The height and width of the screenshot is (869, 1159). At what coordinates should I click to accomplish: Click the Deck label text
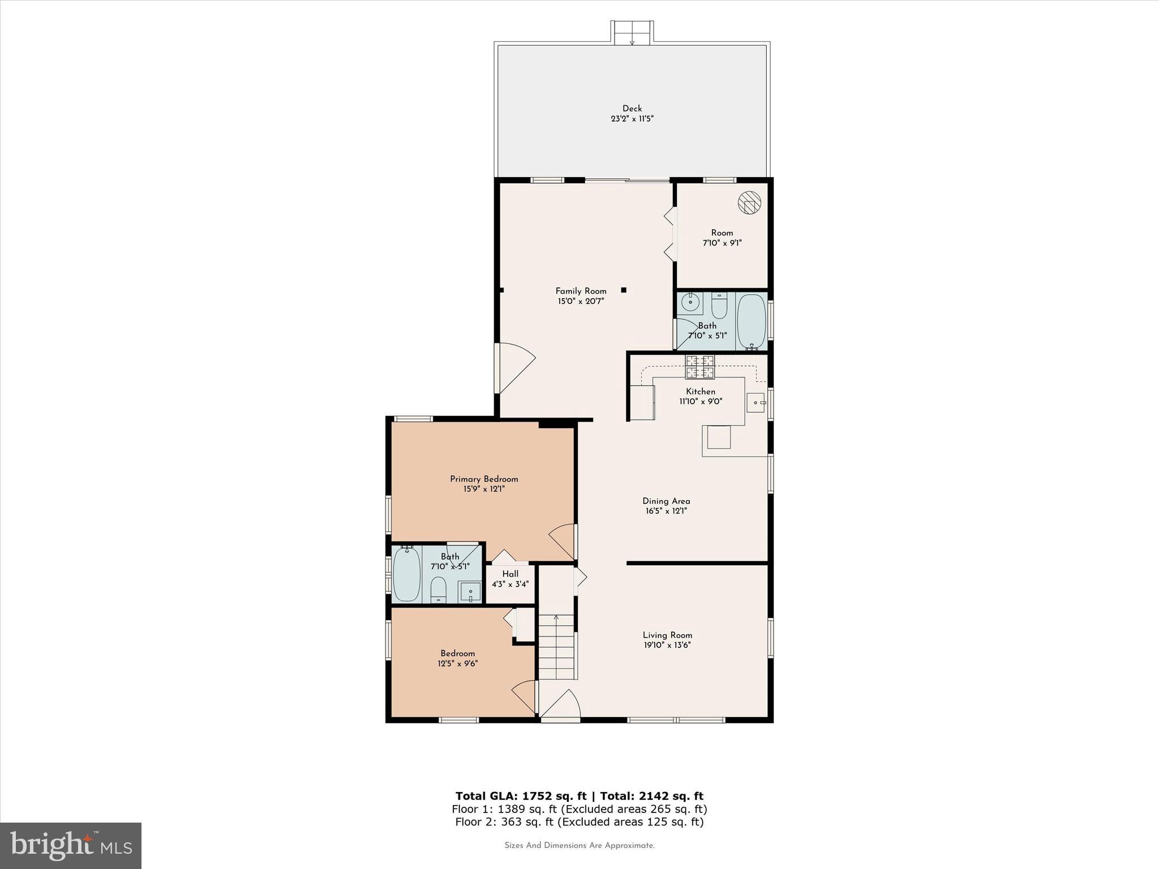[x=632, y=109]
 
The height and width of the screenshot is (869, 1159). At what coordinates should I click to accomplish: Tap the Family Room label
[x=581, y=291]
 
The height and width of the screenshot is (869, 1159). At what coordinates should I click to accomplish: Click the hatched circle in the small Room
[x=749, y=203]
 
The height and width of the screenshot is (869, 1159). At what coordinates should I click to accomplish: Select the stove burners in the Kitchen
[x=700, y=367]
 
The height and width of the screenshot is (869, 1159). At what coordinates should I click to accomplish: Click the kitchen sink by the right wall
[x=756, y=402]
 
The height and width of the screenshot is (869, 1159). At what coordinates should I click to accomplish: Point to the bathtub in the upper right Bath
[x=752, y=321]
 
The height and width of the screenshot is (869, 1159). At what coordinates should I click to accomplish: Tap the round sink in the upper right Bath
[x=690, y=302]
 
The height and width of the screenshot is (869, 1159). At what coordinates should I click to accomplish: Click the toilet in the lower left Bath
[x=439, y=590]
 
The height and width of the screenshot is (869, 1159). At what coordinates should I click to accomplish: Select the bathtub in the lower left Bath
[x=406, y=575]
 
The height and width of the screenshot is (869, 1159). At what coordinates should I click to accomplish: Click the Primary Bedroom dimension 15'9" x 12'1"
[x=484, y=489]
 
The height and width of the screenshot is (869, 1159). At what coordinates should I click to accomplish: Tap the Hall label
[x=510, y=574]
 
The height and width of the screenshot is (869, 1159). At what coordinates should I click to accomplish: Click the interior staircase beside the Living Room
[x=557, y=648]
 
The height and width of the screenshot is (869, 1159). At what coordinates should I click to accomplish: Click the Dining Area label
[x=666, y=501]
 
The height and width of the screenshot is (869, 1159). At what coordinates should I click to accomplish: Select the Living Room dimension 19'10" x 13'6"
[x=667, y=645]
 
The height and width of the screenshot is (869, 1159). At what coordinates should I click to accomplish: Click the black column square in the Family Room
[x=624, y=290]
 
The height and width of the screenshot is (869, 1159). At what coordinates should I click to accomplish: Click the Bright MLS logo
[x=71, y=845]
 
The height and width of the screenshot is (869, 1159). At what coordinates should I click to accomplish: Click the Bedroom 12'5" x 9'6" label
[x=458, y=659]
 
